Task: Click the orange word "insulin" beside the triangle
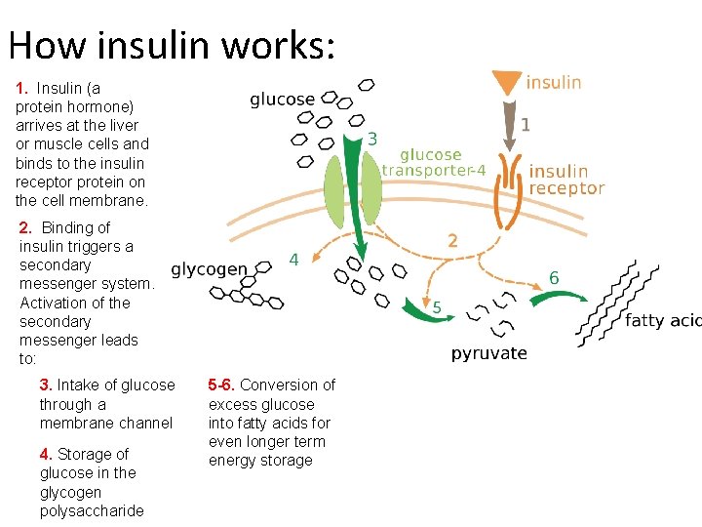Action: click(x=554, y=83)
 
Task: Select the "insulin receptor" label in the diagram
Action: click(x=565, y=180)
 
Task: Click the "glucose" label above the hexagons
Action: click(x=282, y=100)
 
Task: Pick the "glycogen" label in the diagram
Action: click(x=209, y=269)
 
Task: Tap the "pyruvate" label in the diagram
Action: click(x=488, y=353)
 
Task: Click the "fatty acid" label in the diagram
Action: click(x=663, y=320)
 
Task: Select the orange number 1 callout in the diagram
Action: click(x=526, y=124)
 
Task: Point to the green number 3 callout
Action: click(x=372, y=140)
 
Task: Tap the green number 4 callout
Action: click(x=292, y=260)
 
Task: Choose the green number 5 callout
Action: click(x=436, y=308)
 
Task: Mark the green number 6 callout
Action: click(x=554, y=278)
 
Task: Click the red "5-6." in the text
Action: click(x=222, y=385)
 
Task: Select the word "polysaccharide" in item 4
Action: click(x=92, y=510)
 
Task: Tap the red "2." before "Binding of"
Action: click(x=28, y=227)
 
